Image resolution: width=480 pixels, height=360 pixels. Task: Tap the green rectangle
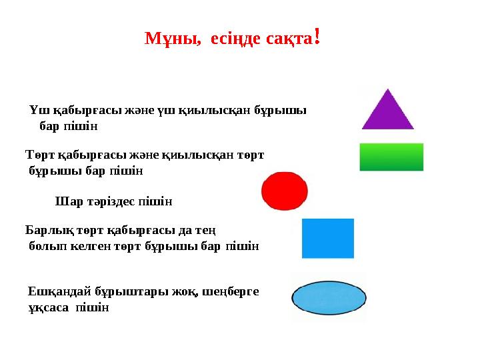[x=391, y=157]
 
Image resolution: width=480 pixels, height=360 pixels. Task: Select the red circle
[x=285, y=191]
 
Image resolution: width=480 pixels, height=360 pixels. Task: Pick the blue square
[x=328, y=238]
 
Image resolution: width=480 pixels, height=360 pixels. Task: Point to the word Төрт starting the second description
[x=41, y=155]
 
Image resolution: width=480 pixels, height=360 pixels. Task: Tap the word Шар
[x=66, y=201]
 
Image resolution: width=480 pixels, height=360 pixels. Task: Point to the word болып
[x=43, y=246]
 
